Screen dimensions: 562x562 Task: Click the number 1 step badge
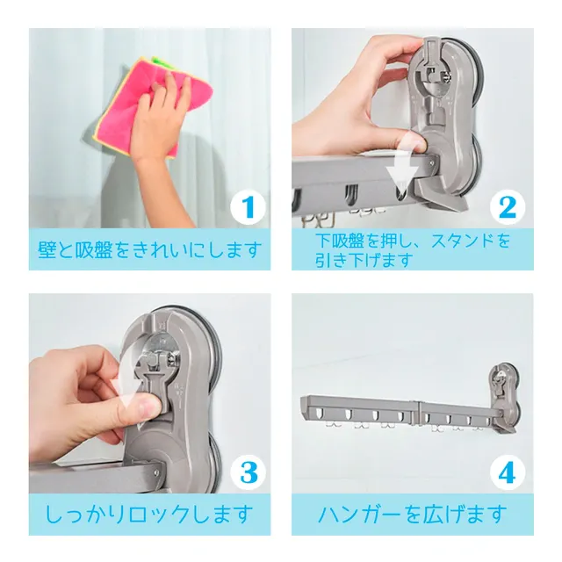click(248, 208)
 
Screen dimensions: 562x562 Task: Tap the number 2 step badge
click(508, 208)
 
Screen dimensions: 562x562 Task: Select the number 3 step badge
click(248, 472)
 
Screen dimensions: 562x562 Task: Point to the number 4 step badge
click(508, 472)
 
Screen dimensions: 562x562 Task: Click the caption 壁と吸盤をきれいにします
click(149, 249)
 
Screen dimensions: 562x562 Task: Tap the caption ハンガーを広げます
click(412, 514)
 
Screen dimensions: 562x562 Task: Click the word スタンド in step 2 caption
click(463, 241)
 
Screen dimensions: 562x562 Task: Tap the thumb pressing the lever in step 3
click(143, 407)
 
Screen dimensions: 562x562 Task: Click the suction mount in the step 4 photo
click(504, 398)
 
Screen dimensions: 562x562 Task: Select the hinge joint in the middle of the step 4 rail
click(417, 412)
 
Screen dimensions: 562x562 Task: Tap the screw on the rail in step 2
click(431, 163)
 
